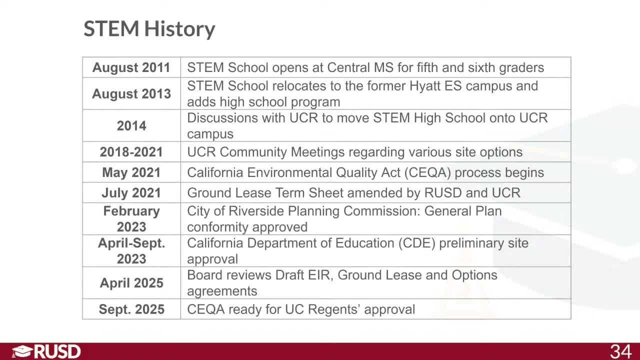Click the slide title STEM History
[x=149, y=29]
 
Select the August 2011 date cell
[x=131, y=67]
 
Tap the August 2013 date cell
[x=131, y=94]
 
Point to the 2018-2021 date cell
[x=131, y=152]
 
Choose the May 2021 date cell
[x=131, y=172]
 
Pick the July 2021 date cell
[x=131, y=193]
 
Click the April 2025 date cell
[x=131, y=283]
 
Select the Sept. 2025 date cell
[x=131, y=309]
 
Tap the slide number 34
[x=620, y=351]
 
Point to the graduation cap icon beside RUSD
[x=21, y=351]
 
